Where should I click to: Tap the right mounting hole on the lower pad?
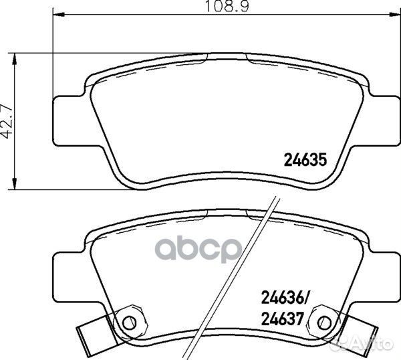click(x=326, y=321)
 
